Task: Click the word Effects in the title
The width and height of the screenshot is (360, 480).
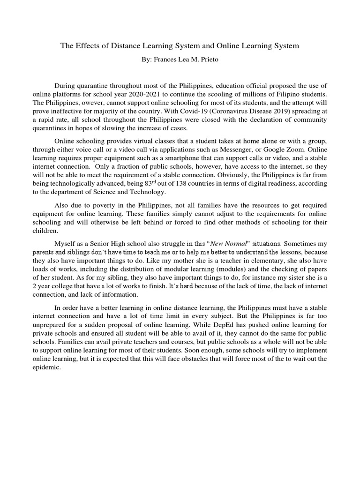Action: pyautogui.click(x=89, y=45)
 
